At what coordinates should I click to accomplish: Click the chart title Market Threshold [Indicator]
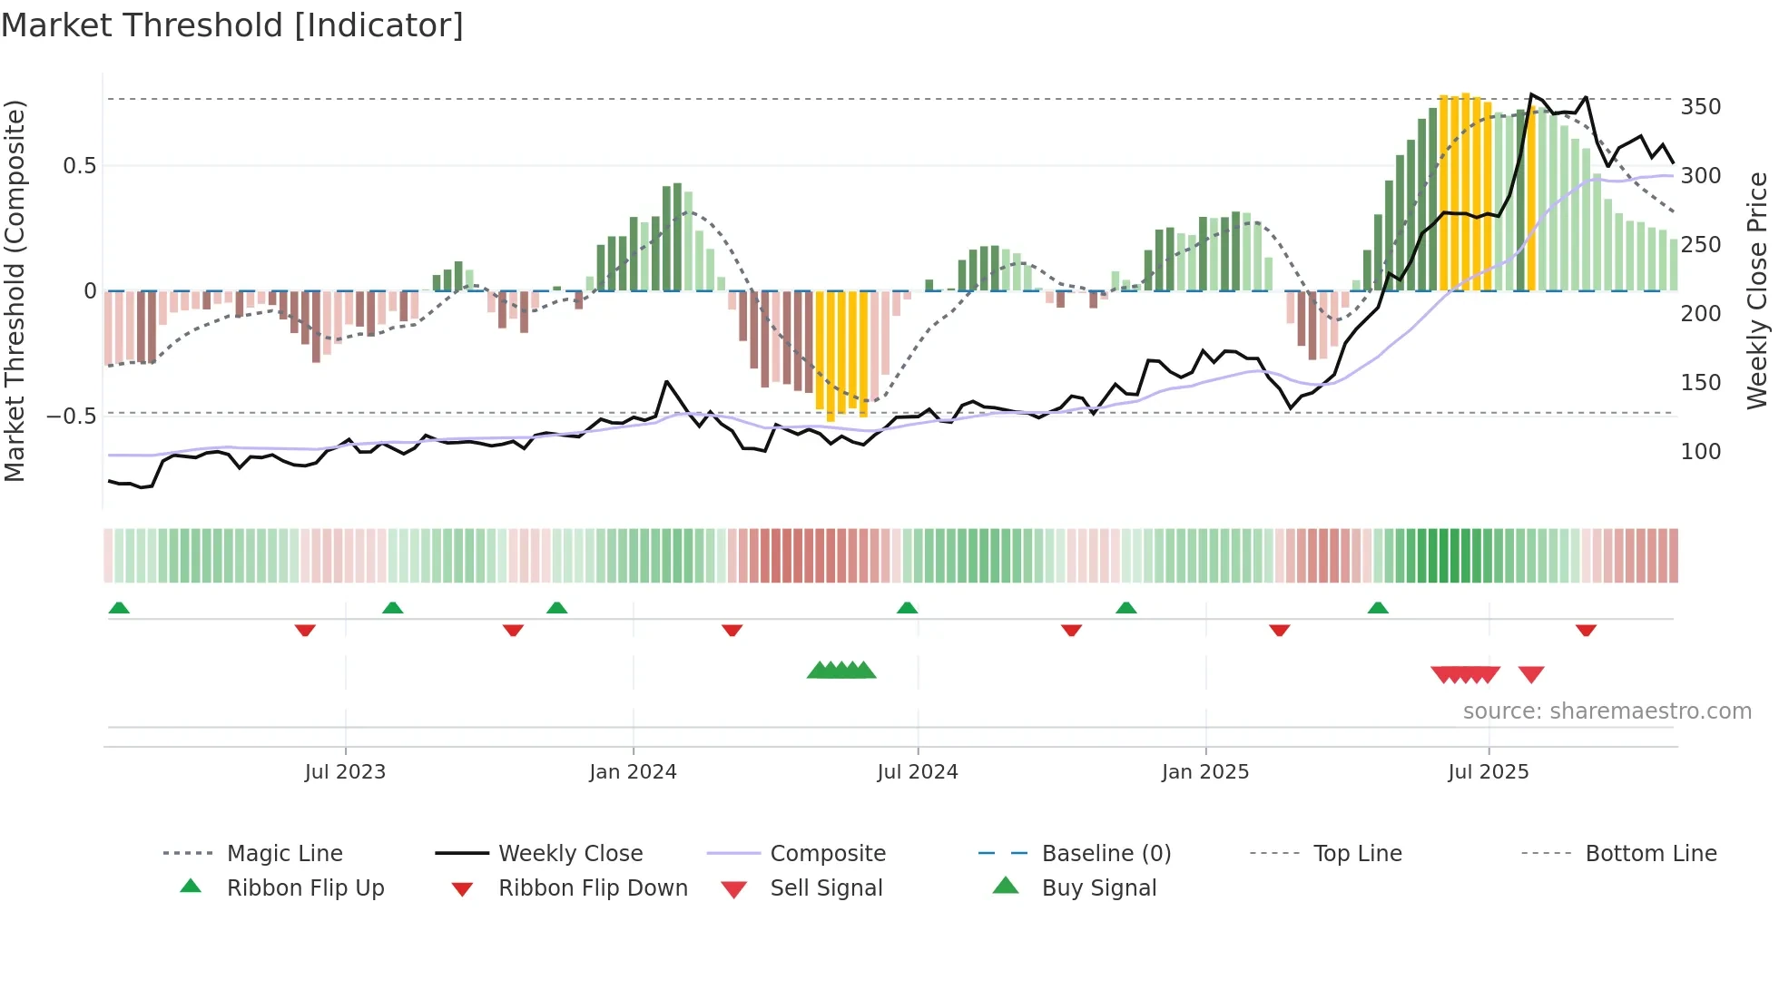232,25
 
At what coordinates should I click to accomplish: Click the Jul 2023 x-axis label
345,772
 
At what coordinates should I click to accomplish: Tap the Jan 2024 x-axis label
633,772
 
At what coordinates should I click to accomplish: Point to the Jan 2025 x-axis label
1205,772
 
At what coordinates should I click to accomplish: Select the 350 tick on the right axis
1700,107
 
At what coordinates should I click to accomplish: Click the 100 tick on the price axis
1700,452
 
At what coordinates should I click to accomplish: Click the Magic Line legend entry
284,854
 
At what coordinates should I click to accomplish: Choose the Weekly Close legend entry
570,854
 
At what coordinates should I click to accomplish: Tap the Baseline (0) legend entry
1106,854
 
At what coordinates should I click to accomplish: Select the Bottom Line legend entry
1650,854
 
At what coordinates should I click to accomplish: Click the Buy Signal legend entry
1098,888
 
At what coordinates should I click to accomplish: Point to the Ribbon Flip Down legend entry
593,888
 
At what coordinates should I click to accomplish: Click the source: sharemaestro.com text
1607,711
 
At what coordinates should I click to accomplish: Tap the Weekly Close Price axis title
1758,290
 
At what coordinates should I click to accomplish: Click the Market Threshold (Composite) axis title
15,290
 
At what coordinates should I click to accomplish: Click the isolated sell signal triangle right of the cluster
1531,674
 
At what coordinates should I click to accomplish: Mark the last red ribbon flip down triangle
1586,630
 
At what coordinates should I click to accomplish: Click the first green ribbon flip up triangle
119,608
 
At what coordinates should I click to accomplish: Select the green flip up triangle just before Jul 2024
907,608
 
